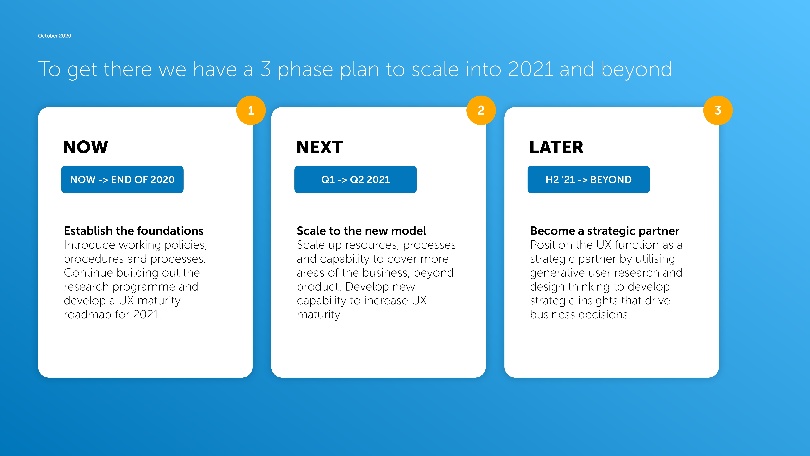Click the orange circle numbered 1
click(x=251, y=110)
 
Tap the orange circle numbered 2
click(x=481, y=110)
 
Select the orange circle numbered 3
click(x=718, y=110)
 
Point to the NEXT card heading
click(x=320, y=147)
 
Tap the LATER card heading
click(x=557, y=147)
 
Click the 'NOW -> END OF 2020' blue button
click(x=122, y=179)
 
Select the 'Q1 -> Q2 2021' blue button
click(x=355, y=179)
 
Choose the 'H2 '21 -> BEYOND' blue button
click(x=589, y=179)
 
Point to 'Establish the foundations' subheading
click(x=134, y=231)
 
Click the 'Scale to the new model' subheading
click(x=361, y=231)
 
